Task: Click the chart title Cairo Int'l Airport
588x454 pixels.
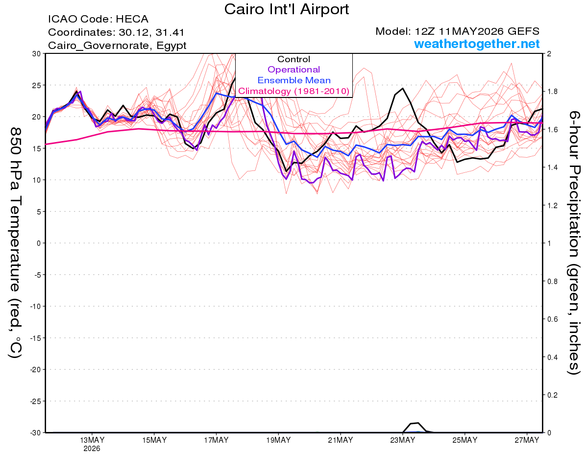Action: tap(286, 9)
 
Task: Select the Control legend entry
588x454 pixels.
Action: tap(294, 59)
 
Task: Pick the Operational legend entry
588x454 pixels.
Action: tap(294, 70)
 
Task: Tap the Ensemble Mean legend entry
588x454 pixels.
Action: tap(294, 80)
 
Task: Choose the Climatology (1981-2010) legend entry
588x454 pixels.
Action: tap(294, 91)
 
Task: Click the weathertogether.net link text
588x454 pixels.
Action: tap(477, 44)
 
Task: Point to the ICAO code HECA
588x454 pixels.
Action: tap(132, 19)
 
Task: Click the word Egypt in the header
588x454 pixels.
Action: tap(171, 46)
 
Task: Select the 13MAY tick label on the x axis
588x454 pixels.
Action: tap(92, 440)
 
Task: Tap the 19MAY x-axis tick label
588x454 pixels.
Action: tap(278, 440)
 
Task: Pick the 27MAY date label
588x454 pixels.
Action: tap(527, 440)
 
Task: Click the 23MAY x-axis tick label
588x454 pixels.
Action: tap(402, 440)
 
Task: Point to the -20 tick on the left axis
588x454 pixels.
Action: tap(35, 370)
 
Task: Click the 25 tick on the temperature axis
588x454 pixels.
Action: tap(37, 85)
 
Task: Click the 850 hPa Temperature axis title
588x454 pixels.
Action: tap(16, 243)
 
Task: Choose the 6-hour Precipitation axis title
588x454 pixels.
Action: tap(574, 243)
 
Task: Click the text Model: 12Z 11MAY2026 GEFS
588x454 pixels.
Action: tap(457, 31)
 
